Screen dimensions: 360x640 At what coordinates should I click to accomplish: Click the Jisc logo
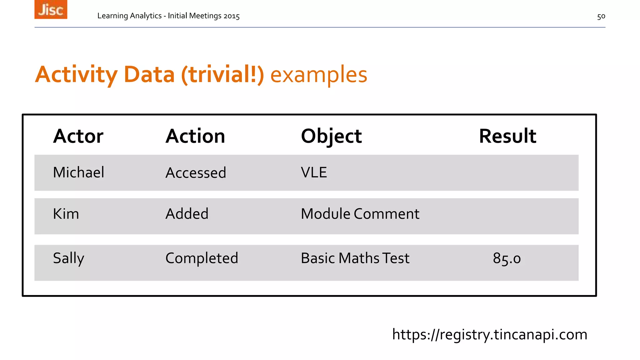51,9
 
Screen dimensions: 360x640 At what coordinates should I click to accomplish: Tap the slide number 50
601,16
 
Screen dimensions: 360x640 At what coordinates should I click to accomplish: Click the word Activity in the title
76,75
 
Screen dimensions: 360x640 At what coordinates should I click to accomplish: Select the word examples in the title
318,75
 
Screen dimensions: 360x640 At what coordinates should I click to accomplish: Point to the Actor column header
78,136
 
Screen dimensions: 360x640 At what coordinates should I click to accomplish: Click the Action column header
195,136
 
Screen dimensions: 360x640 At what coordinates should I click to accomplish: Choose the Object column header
331,136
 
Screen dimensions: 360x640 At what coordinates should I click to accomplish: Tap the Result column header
507,136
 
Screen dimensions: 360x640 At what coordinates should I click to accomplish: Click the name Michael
78,172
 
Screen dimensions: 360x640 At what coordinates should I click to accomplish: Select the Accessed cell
196,173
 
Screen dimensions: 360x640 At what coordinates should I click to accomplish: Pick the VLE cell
314,172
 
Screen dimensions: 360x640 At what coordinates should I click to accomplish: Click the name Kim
66,214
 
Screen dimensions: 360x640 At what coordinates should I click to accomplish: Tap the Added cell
187,214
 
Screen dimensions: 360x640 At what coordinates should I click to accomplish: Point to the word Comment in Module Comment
386,214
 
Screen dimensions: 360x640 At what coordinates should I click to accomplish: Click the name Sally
68,258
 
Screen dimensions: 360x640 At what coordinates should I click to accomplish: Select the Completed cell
202,258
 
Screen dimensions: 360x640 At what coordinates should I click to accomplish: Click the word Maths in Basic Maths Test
359,258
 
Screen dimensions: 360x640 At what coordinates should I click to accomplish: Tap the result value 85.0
507,258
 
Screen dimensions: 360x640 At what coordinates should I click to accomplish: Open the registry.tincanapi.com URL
489,335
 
